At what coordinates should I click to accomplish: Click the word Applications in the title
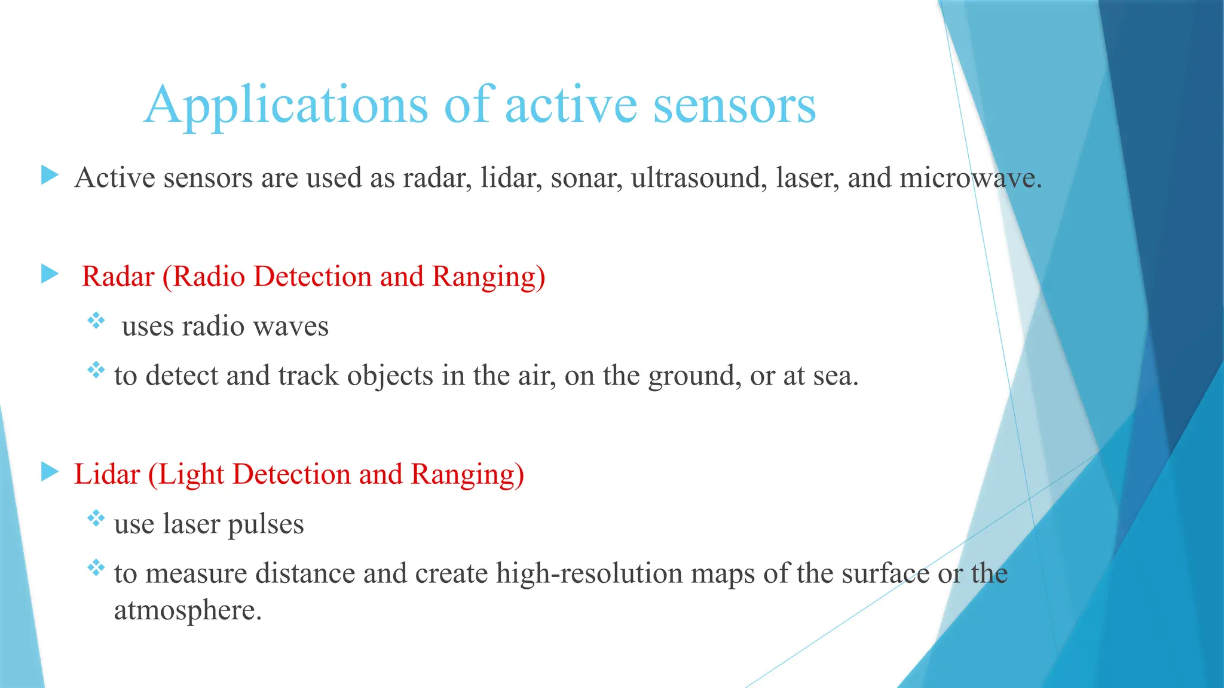point(286,105)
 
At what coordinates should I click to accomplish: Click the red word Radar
point(118,277)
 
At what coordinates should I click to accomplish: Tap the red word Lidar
point(107,474)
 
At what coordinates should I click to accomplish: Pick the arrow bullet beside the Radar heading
point(50,275)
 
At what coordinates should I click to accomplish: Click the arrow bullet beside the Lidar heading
point(50,472)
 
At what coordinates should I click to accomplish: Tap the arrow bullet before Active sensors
point(50,176)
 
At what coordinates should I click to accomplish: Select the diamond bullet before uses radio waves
point(96,321)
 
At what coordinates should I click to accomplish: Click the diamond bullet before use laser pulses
point(96,518)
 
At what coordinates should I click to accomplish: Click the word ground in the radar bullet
point(694,376)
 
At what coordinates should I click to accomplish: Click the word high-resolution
point(589,573)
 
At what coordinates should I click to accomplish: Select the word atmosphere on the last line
point(188,610)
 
